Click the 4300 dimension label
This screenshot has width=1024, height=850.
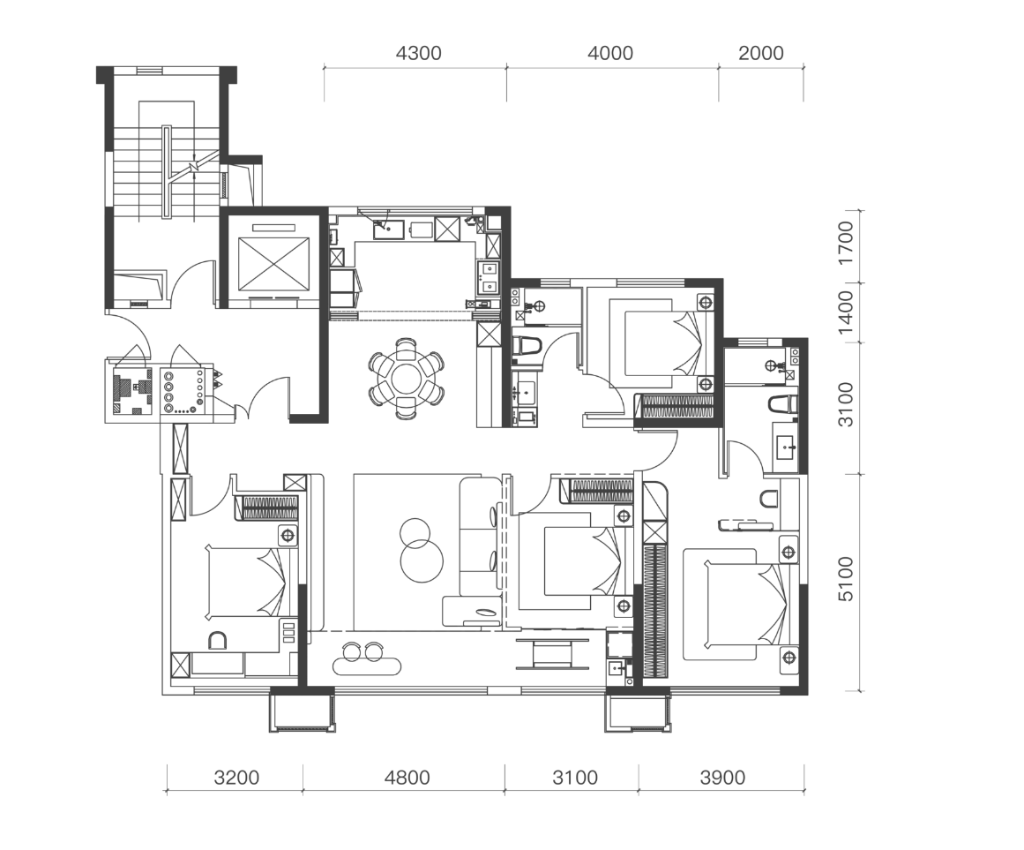(418, 53)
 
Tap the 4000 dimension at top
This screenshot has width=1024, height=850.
(610, 53)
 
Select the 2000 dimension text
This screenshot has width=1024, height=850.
(761, 53)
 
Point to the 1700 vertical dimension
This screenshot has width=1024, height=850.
(846, 243)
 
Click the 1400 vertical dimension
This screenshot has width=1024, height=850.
(846, 312)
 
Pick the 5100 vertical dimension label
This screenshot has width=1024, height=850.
(846, 579)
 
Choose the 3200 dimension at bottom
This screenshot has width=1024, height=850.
(236, 778)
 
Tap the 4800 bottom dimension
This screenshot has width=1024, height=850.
(407, 778)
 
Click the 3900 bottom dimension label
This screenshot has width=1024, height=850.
(722, 778)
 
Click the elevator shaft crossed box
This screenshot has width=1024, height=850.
(273, 264)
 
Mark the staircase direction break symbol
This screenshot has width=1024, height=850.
(193, 167)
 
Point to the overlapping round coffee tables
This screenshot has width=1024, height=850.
(419, 550)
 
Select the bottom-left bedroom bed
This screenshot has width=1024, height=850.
(246, 583)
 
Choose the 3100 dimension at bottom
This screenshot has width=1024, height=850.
(575, 778)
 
